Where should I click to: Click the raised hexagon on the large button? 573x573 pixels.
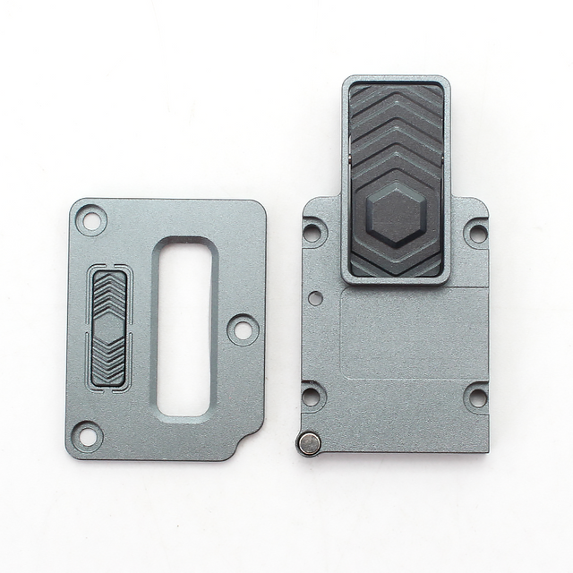click(395, 216)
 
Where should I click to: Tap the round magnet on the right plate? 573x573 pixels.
click(309, 443)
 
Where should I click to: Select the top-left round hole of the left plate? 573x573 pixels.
click(90, 219)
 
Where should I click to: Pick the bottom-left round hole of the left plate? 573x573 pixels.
click(87, 436)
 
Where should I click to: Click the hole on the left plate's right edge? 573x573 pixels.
click(243, 329)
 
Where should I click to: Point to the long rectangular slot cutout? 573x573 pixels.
click(184, 328)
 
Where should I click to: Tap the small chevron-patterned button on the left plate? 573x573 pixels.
click(109, 327)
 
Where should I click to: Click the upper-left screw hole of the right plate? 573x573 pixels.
click(312, 233)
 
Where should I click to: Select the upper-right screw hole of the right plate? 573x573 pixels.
click(477, 233)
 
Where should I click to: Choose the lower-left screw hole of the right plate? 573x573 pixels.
click(312, 396)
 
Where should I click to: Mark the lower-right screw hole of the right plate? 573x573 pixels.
click(477, 396)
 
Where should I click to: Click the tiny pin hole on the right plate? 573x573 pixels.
click(315, 295)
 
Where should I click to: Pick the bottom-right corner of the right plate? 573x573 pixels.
click(485, 449)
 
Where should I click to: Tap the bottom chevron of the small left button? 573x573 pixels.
click(109, 373)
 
